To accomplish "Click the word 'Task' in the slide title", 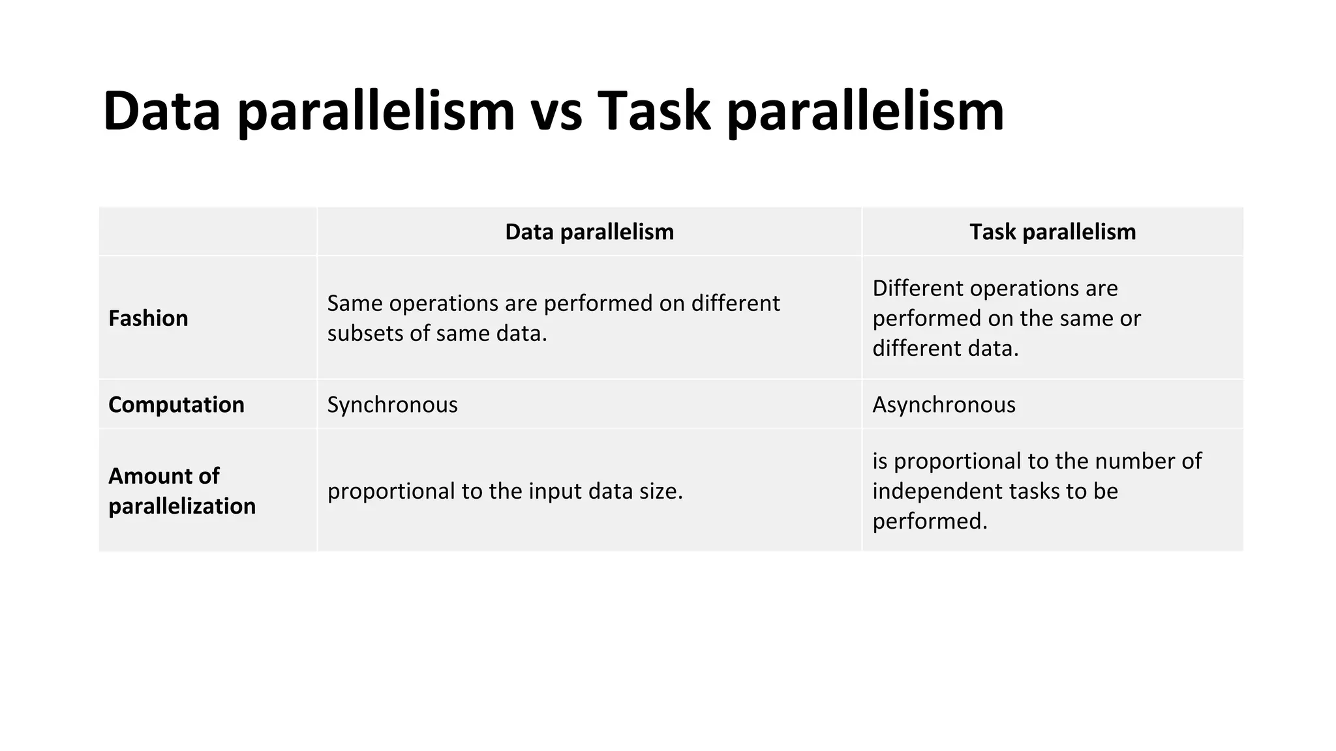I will [653, 112].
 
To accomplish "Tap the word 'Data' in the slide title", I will [162, 112].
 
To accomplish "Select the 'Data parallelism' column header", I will [589, 232].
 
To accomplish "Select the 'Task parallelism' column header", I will [1052, 232].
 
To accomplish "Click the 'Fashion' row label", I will [148, 318].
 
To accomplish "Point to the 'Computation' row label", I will [176, 405].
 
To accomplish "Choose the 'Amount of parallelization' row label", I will [181, 491].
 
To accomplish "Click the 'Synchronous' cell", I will [392, 405].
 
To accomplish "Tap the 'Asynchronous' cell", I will [944, 405].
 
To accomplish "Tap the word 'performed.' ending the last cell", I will [930, 521].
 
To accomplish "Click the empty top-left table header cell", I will [207, 232].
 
